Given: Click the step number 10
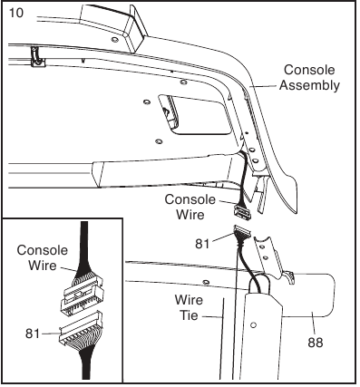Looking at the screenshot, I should coord(17,15).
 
